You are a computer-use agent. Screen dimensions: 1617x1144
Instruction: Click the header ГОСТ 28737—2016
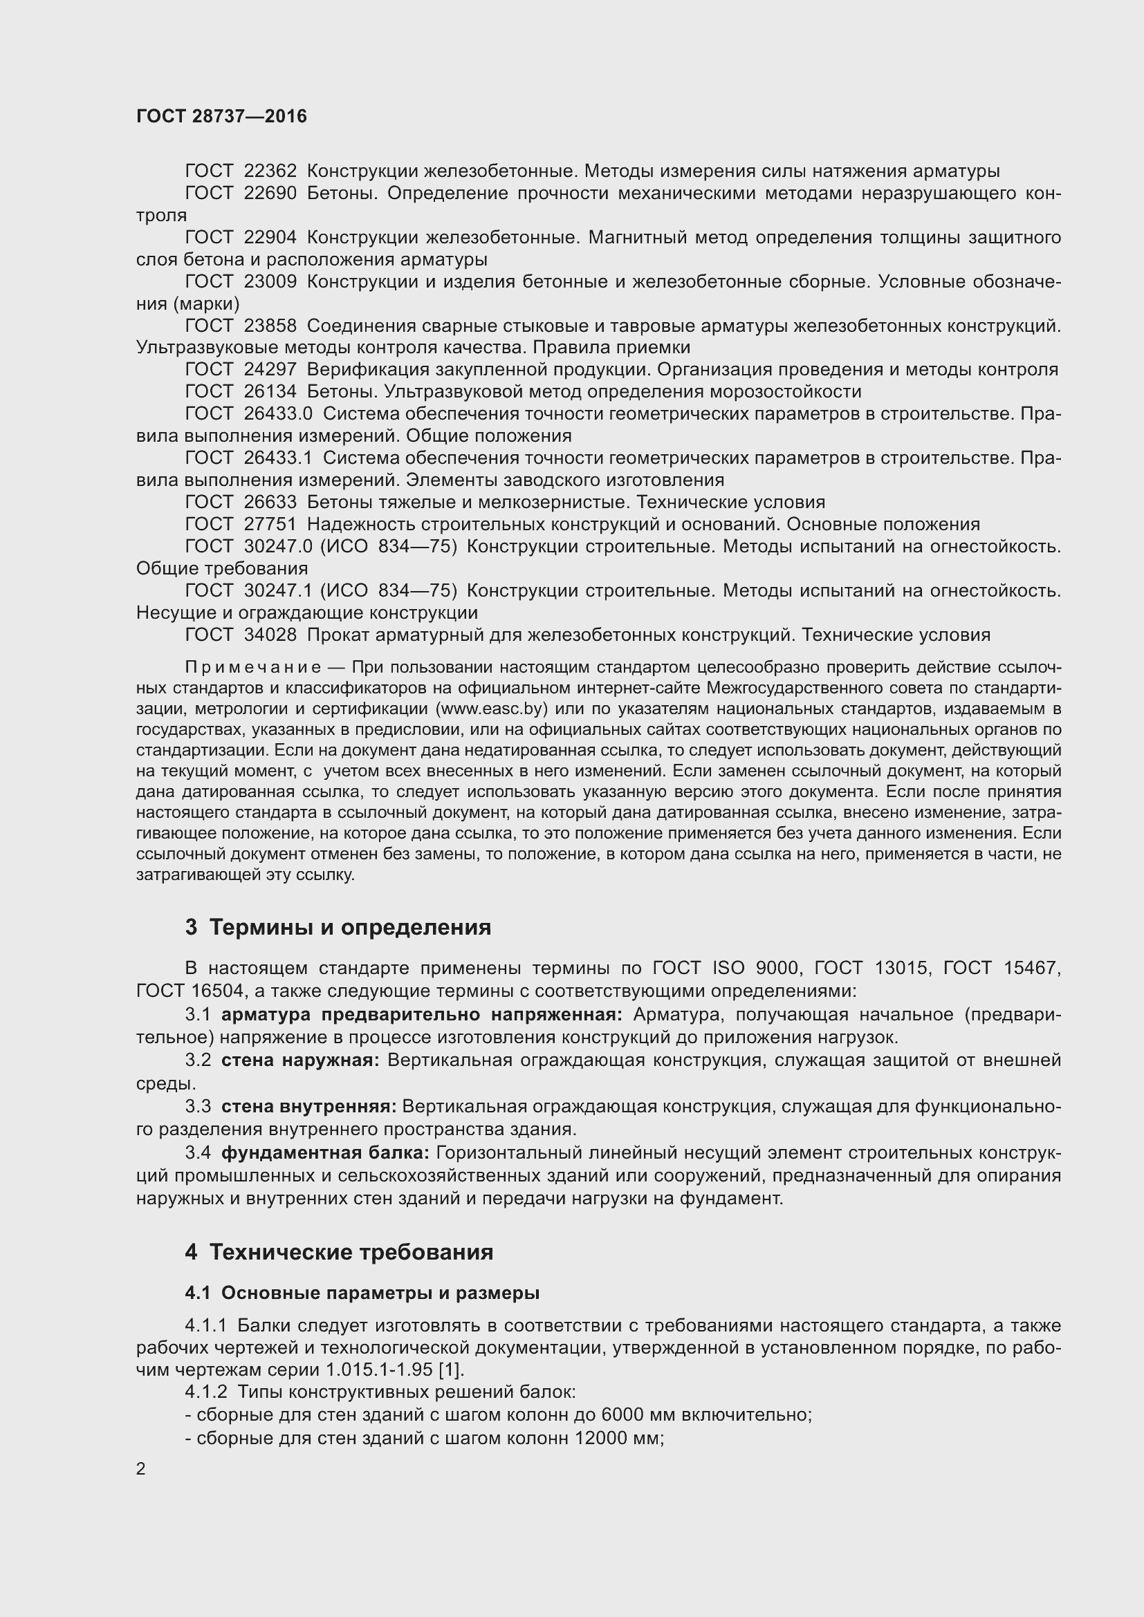[221, 116]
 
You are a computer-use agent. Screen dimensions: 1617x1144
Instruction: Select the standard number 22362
[270, 171]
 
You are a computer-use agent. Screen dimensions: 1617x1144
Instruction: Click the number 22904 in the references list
[270, 237]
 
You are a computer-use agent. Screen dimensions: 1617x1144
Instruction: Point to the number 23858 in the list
[270, 326]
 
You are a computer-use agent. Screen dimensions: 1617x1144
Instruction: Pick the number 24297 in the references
[270, 369]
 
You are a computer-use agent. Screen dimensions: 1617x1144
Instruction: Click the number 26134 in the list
[270, 391]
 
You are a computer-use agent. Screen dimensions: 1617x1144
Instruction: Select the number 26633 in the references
[270, 502]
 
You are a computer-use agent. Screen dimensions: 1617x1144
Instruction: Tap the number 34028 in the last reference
[270, 635]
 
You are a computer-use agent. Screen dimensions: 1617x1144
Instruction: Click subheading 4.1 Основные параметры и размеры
[362, 1293]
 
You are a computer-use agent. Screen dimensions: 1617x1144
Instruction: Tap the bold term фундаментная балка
[325, 1153]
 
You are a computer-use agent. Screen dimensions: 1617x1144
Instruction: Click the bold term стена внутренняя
[308, 1106]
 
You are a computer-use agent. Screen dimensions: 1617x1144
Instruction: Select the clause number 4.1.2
[205, 1392]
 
